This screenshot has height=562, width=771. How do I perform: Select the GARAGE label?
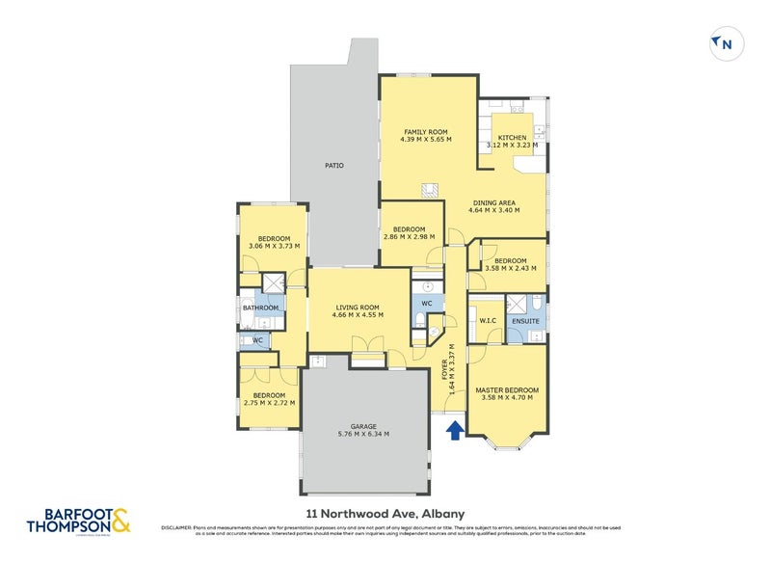pyautogui.click(x=363, y=426)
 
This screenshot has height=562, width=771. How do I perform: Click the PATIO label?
pyautogui.click(x=333, y=166)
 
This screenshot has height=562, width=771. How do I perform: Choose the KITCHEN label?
pyautogui.click(x=512, y=138)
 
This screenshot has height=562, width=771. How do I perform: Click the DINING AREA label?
pyautogui.click(x=493, y=202)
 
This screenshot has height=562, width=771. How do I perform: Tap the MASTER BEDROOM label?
pyautogui.click(x=507, y=389)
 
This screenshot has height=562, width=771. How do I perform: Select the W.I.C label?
pyautogui.click(x=486, y=321)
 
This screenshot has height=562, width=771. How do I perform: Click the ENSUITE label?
pyautogui.click(x=526, y=320)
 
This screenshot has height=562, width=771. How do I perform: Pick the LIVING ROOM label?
pyautogui.click(x=357, y=308)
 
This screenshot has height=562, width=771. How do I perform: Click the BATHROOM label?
pyautogui.click(x=260, y=308)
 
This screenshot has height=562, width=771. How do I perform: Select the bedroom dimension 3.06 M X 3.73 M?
pyautogui.click(x=274, y=246)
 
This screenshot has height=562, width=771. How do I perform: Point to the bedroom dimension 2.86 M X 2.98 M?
pyautogui.click(x=409, y=236)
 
